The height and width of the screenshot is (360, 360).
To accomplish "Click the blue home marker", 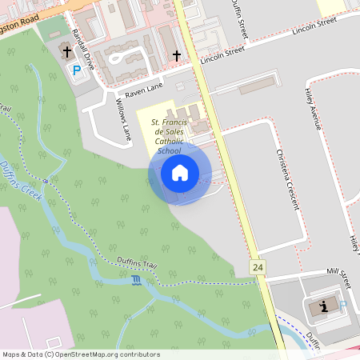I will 180,173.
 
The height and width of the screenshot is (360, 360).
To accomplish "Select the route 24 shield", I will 257,267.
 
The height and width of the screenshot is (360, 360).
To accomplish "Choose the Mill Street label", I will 334,277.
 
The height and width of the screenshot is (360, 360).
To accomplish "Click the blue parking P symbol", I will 77,70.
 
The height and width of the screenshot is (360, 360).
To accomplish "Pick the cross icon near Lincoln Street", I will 177,55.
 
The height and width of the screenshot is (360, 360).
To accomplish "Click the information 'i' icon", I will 323,306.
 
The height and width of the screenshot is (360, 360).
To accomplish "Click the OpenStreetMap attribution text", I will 82,354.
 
